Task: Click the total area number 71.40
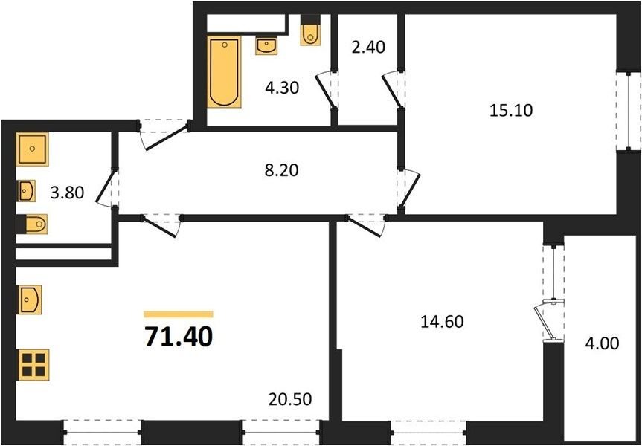pyautogui.click(x=179, y=337)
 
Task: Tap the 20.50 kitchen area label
pyautogui.click(x=290, y=399)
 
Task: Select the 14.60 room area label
pyautogui.click(x=442, y=322)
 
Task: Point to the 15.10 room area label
pyautogui.click(x=511, y=110)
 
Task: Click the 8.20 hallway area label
pyautogui.click(x=282, y=170)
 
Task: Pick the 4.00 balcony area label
pyautogui.click(x=602, y=343)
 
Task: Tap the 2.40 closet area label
pyautogui.click(x=368, y=47)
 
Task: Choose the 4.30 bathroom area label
pyautogui.click(x=282, y=88)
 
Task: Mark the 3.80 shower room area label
pyautogui.click(x=67, y=192)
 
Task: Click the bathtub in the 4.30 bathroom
pyautogui.click(x=224, y=72)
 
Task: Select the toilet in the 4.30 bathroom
pyautogui.click(x=310, y=33)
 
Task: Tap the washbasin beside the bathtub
pyautogui.click(x=266, y=45)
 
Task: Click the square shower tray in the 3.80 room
pyautogui.click(x=32, y=149)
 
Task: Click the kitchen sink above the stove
pyautogui.click(x=30, y=300)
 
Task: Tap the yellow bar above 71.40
pyautogui.click(x=179, y=314)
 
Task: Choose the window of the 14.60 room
pyautogui.click(x=428, y=433)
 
